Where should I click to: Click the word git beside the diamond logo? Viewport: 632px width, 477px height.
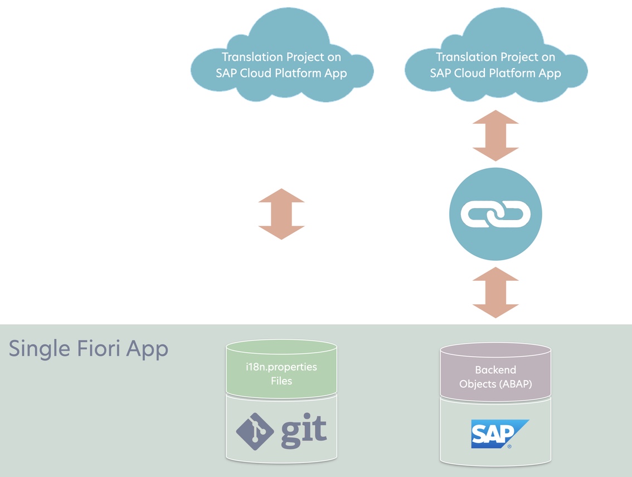[x=303, y=431]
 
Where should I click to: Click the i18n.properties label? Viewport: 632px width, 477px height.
[x=281, y=368]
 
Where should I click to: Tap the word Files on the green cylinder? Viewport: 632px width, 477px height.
[x=281, y=381]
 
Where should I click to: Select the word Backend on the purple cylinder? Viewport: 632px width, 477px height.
[x=495, y=369]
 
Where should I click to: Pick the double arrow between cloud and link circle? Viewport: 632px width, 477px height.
[x=495, y=136]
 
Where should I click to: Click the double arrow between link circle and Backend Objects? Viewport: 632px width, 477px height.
[x=495, y=293]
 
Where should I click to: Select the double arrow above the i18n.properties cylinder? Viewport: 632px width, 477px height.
[x=281, y=214]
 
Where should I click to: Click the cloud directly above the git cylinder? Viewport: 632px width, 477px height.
[x=281, y=59]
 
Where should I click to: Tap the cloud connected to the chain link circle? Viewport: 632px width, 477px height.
[x=495, y=59]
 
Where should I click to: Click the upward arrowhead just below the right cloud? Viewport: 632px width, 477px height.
[x=495, y=118]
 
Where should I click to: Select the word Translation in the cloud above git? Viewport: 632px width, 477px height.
[x=250, y=57]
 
